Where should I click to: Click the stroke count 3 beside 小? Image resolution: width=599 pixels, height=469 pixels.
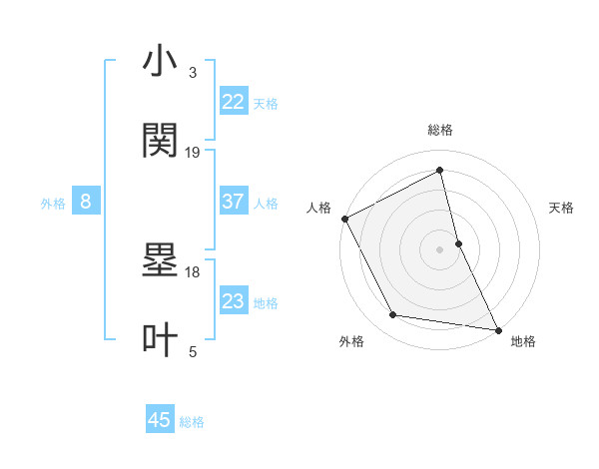pyautogui.click(x=193, y=73)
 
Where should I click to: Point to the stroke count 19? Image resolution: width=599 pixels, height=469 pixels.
pyautogui.click(x=193, y=152)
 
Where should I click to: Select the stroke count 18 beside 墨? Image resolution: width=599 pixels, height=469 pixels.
pyautogui.click(x=193, y=271)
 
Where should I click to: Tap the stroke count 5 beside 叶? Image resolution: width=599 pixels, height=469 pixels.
pyautogui.click(x=193, y=350)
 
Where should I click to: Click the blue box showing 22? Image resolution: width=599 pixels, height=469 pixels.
pyautogui.click(x=234, y=101)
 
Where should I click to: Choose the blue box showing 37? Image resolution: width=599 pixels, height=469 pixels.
pyautogui.click(x=234, y=202)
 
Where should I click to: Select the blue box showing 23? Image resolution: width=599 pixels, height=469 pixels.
pyautogui.click(x=234, y=301)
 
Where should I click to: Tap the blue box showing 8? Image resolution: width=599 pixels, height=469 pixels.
pyautogui.click(x=86, y=202)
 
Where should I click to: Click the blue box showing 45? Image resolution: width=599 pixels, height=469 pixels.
pyautogui.click(x=160, y=420)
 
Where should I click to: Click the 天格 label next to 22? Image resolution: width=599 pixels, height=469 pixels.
pyautogui.click(x=266, y=103)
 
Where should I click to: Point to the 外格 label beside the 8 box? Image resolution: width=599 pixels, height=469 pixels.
pyautogui.click(x=53, y=204)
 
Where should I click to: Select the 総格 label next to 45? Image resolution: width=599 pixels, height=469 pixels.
pyautogui.click(x=192, y=422)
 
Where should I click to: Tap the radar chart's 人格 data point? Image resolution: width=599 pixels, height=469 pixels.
pyautogui.click(x=344, y=219)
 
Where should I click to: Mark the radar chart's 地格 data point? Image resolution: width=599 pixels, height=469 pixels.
pyautogui.click(x=498, y=329)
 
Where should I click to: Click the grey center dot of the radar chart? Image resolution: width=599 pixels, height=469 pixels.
pyautogui.click(x=440, y=249)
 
